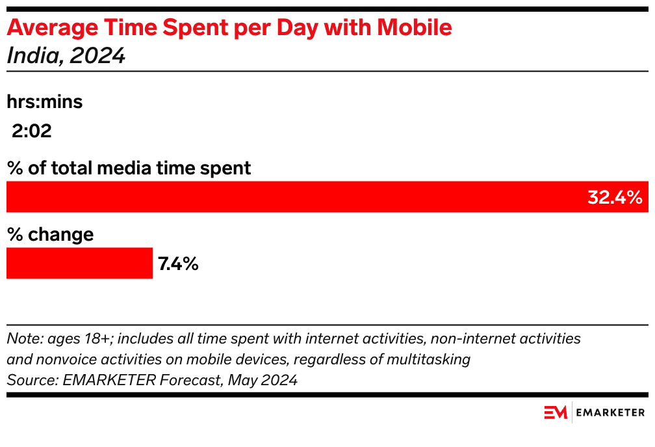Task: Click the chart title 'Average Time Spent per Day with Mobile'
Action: coord(229,28)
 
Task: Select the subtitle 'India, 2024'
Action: coord(66,56)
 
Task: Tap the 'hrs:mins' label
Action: coord(45,102)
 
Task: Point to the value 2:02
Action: coord(31,132)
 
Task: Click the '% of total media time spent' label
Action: coord(129,168)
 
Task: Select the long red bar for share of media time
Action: coord(292,197)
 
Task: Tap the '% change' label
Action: coord(50,234)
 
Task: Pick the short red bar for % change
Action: coord(79,264)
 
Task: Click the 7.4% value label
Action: coord(177,264)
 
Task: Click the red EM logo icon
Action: coord(556,413)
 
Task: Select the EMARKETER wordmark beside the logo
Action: coord(611,413)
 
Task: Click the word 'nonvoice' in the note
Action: coord(60,359)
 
